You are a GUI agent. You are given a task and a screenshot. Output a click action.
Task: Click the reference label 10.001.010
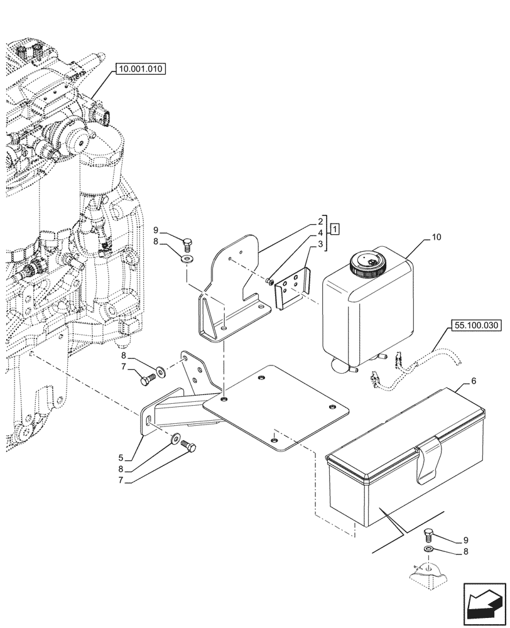[x=139, y=70]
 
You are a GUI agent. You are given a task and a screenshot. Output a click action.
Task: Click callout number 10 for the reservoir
[x=437, y=238]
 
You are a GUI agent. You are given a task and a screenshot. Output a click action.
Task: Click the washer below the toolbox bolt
[x=428, y=550]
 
